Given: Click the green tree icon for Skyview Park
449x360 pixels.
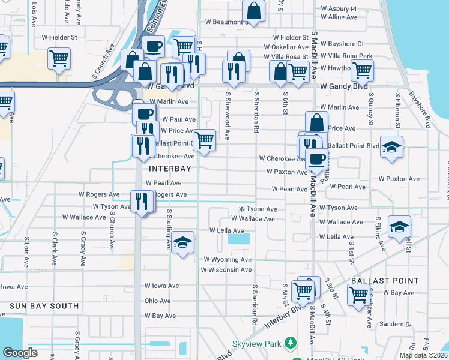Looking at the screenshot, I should (291, 343).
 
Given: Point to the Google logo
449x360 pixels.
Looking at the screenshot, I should (20, 353).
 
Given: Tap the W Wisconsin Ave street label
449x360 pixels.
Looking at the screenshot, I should (226, 270).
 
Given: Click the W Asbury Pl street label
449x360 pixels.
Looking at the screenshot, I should (339, 9).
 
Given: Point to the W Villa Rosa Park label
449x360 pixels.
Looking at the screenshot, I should (347, 56).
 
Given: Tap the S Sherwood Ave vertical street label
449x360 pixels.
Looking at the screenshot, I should (228, 115).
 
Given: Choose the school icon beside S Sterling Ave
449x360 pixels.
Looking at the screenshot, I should (183, 243).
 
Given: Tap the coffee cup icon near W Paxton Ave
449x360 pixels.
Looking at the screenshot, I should (316, 159).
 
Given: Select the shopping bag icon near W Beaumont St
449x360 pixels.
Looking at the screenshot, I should (254, 11).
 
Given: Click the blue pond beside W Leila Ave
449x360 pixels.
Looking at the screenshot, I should (240, 239).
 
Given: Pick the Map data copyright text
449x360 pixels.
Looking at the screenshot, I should (424, 355).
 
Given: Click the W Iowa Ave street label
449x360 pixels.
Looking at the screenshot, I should (162, 286).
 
